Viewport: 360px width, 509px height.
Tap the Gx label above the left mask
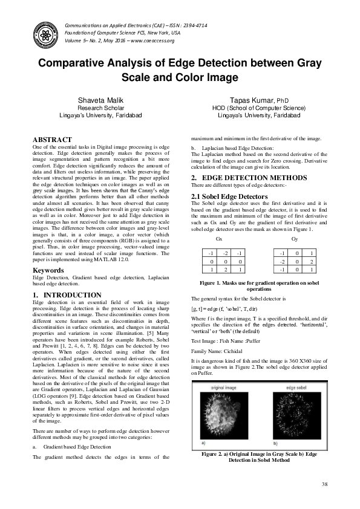point(211,222)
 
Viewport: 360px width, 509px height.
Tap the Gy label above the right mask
point(295,222)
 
